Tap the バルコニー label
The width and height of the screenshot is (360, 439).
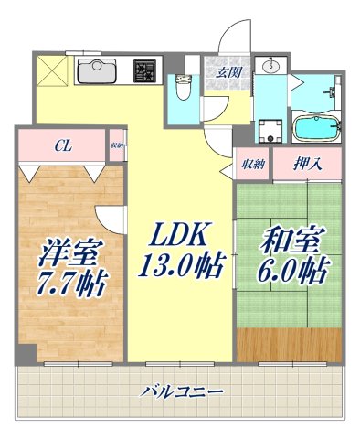[x=182, y=392]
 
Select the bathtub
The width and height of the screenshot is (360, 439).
[x=316, y=124]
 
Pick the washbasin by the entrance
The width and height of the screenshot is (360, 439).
[x=270, y=68]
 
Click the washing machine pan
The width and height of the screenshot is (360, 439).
[x=270, y=131]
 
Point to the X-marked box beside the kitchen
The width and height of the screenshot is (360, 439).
[x=49, y=70]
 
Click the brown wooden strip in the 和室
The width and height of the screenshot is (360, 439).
[x=288, y=347]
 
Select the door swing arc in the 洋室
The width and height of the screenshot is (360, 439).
[x=108, y=217]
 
